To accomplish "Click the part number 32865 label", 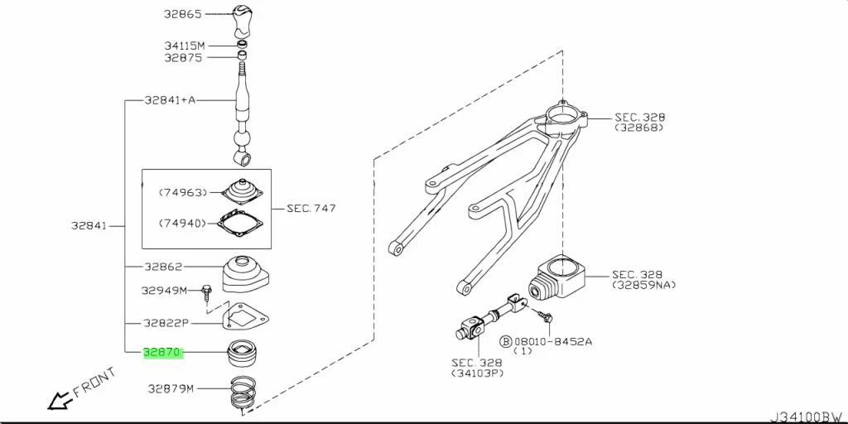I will pos(183,14).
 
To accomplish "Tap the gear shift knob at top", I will pos(242,19).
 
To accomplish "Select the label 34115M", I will pos(183,45).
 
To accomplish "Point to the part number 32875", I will pos(183,58).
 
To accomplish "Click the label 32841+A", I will pos(170,100).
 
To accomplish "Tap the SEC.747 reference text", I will pos(311,209).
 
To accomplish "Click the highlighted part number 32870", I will pos(162,352).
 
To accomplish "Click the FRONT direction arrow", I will pos(59,402).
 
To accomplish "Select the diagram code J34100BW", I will pos(807,416).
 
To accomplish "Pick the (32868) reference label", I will pos(638,128).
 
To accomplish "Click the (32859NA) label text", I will pos(644,285).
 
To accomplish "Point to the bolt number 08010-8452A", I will pos(553,340).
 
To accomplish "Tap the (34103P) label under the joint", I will pos(478,373).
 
